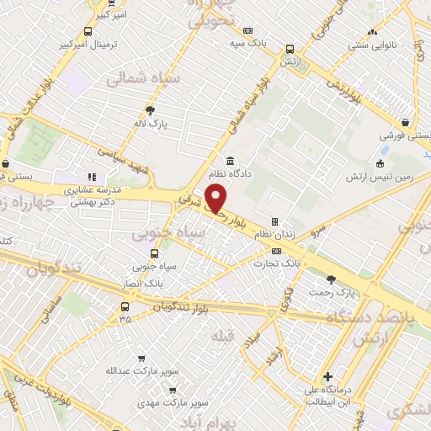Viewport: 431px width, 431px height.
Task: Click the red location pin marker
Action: tap(216, 199)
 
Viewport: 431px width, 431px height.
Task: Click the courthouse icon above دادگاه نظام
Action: tap(229, 162)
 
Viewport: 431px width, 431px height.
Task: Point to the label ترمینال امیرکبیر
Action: tap(89, 44)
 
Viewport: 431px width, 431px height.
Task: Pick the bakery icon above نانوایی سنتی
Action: tap(371, 33)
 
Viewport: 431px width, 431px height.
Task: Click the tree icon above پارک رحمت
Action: tap(331, 279)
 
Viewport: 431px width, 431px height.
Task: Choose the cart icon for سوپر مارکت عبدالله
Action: tap(140, 358)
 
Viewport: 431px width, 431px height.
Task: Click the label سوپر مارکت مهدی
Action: tap(172, 405)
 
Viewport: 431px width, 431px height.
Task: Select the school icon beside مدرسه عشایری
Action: tap(92, 178)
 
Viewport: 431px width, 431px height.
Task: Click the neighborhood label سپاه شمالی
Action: tap(136, 77)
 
